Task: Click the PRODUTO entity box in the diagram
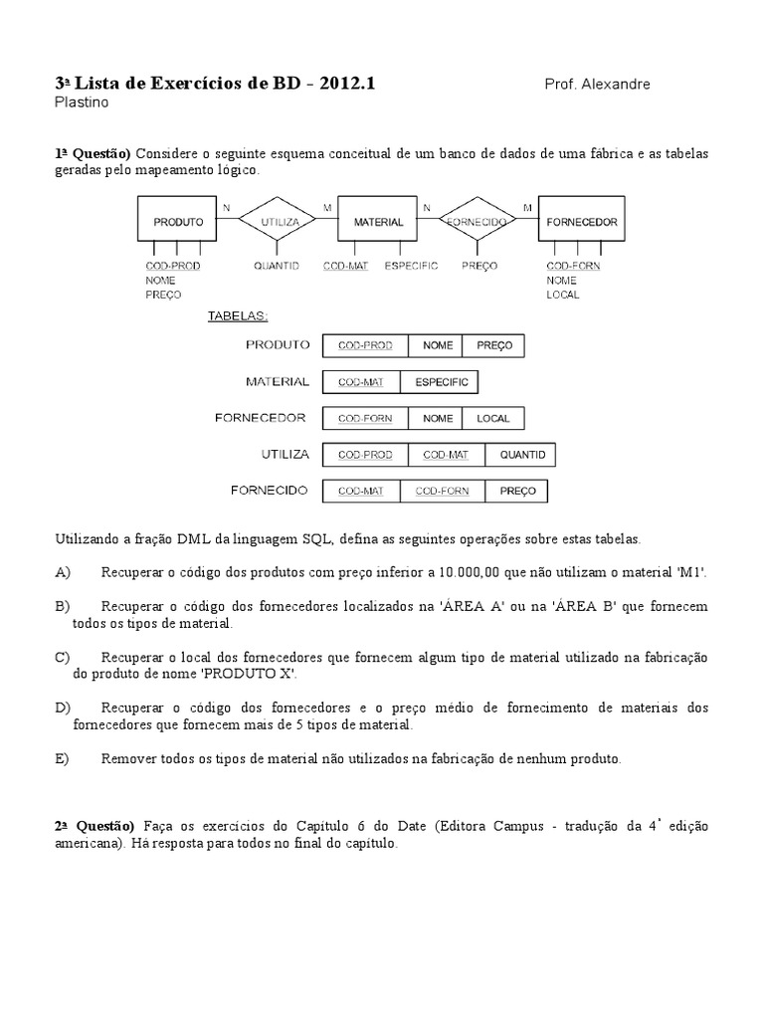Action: tap(178, 222)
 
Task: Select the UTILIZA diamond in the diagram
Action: tap(280, 222)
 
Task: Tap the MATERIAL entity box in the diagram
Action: tap(378, 222)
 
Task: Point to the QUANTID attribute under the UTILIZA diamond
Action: tap(277, 267)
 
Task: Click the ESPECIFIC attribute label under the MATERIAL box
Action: tap(412, 267)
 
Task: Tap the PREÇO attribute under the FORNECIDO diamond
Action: tap(479, 267)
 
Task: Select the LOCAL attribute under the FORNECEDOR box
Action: tap(562, 295)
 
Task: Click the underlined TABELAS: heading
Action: tap(238, 316)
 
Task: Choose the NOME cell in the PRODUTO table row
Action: tap(438, 345)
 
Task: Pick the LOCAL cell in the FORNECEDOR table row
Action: tap(493, 419)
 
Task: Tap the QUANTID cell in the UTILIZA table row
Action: tap(521, 455)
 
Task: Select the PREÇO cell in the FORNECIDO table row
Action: tap(517, 492)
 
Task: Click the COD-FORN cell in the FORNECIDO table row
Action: tap(443, 492)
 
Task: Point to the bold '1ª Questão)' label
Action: tap(93, 153)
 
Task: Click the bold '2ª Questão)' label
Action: tap(94, 826)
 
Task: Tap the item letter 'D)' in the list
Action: tap(64, 707)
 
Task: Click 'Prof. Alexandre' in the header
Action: tap(597, 85)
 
